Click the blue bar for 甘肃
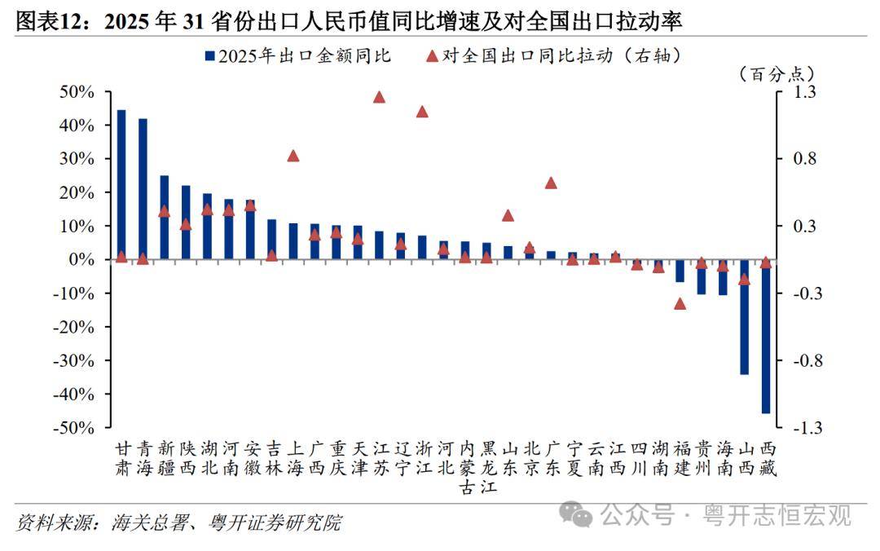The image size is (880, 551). (x=121, y=184)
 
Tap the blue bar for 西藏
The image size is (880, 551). (x=765, y=337)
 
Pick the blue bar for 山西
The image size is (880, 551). (x=744, y=317)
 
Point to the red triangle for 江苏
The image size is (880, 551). (x=379, y=97)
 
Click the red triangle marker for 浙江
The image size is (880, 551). (x=422, y=111)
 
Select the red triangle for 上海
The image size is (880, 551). (x=293, y=156)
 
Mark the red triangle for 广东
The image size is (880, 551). (x=551, y=183)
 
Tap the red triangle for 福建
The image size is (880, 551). (x=680, y=303)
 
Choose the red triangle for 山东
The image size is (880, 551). (x=508, y=215)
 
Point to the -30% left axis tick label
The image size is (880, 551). (x=74, y=360)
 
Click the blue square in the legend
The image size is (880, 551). (x=209, y=56)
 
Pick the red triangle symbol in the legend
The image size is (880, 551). (x=432, y=55)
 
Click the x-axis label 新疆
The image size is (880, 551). (x=165, y=458)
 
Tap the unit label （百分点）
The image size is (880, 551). (x=776, y=73)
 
